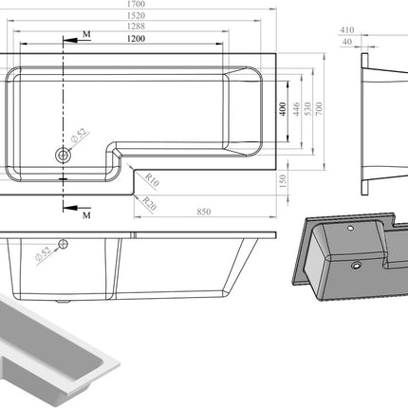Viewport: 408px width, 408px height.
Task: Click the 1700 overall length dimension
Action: click(x=141, y=5)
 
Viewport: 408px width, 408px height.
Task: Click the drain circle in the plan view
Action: click(x=64, y=152)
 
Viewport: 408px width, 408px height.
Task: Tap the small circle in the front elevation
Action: click(x=63, y=244)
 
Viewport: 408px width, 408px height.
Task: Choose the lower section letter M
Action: click(x=86, y=215)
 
